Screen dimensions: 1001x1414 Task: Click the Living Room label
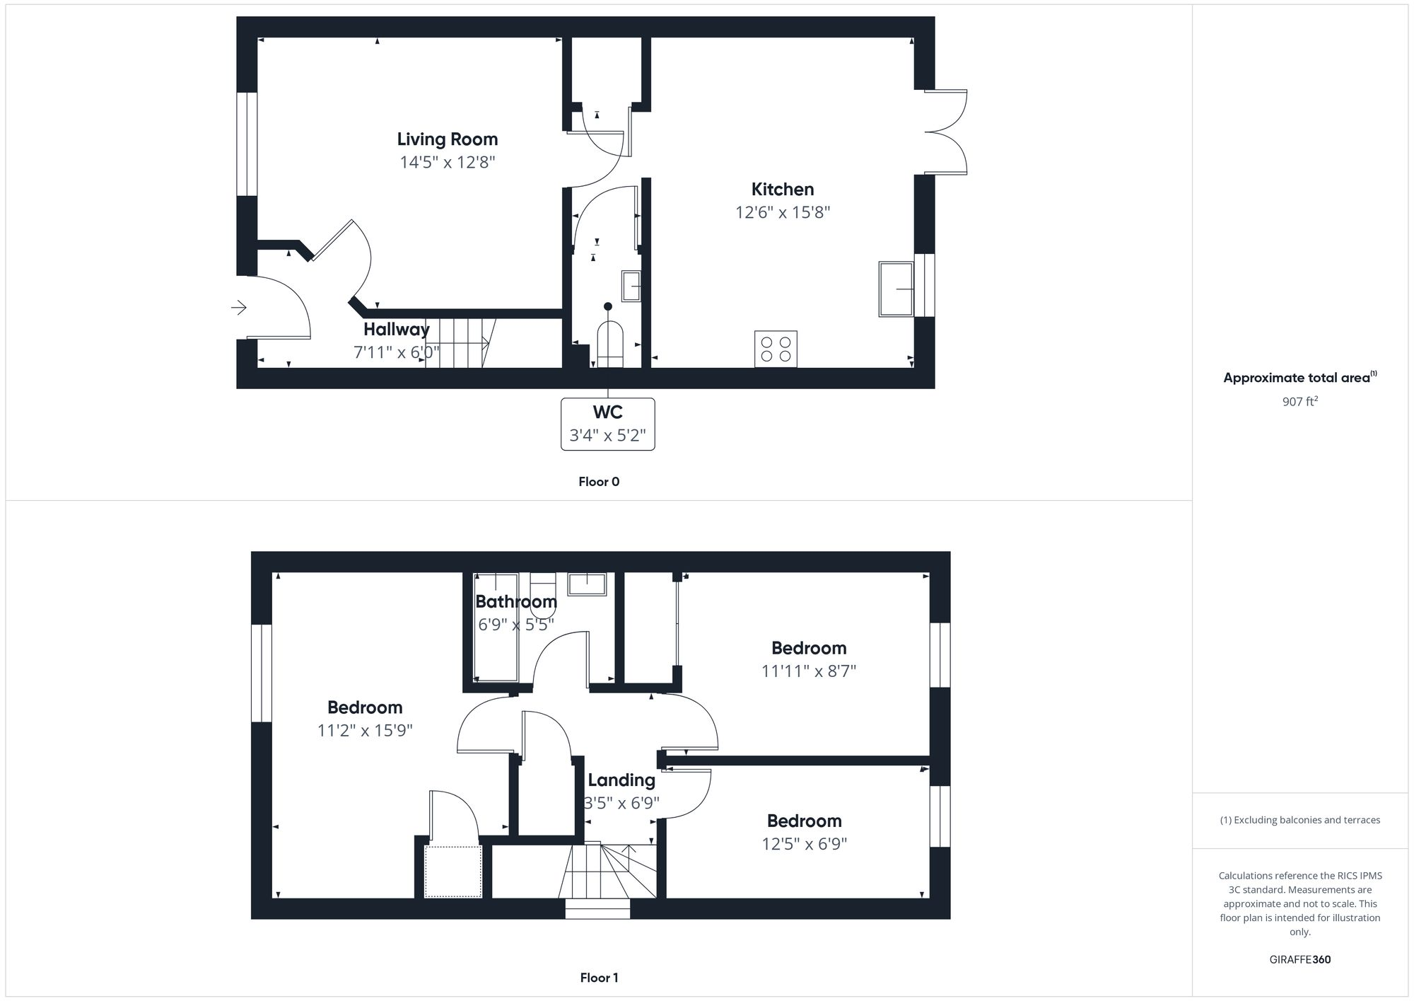coord(447,139)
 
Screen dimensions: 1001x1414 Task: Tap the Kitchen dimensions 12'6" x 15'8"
coord(783,212)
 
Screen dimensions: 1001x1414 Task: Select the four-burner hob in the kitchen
coord(776,349)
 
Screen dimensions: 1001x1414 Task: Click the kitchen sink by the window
coord(896,289)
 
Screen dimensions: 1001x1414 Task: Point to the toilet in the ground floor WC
coord(609,344)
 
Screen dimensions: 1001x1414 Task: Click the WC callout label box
coord(607,424)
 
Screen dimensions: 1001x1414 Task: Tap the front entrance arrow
coord(239,308)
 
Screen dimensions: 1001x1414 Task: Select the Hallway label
coord(396,329)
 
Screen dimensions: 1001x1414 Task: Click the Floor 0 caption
coord(599,482)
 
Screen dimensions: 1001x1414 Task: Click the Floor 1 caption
coord(599,978)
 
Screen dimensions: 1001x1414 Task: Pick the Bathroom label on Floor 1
coord(515,602)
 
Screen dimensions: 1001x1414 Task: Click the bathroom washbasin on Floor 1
coord(587,584)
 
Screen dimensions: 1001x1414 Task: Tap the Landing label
coord(621,780)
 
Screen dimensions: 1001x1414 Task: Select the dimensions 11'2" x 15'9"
coord(365,730)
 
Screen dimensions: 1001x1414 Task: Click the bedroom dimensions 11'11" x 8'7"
coord(808,671)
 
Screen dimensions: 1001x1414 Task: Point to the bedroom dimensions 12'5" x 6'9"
coord(804,844)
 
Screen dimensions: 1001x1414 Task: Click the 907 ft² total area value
coord(1299,401)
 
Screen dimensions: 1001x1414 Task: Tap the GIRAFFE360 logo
coord(1299,960)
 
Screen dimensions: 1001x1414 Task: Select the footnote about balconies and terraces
coord(1299,820)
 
